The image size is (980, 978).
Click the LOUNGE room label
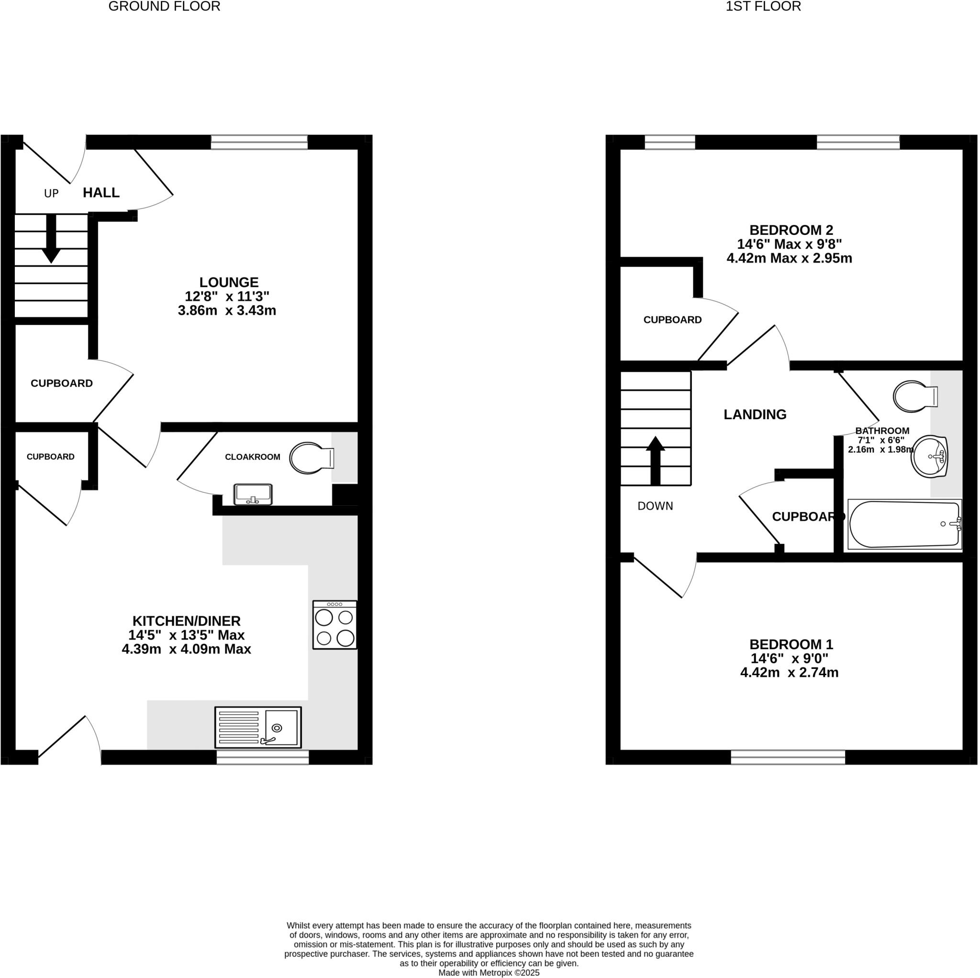pyautogui.click(x=229, y=282)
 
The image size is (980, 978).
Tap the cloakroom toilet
pyautogui.click(x=311, y=458)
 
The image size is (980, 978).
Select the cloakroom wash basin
pyautogui.click(x=253, y=494)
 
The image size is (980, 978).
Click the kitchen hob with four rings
pyautogui.click(x=335, y=624)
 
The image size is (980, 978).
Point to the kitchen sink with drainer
pyautogui.click(x=258, y=727)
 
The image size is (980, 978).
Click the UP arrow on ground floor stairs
pyautogui.click(x=51, y=238)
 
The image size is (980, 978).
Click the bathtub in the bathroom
pyautogui.click(x=904, y=524)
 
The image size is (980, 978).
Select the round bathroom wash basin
pyautogui.click(x=929, y=456)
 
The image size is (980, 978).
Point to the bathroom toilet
pyautogui.click(x=914, y=396)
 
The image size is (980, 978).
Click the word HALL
pyautogui.click(x=101, y=193)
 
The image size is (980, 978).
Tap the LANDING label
pyautogui.click(x=755, y=414)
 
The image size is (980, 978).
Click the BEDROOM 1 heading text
pyautogui.click(x=791, y=644)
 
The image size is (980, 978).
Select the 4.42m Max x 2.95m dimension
pyautogui.click(x=789, y=258)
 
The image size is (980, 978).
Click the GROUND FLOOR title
pyautogui.click(x=164, y=7)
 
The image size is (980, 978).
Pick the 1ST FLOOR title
pyautogui.click(x=763, y=7)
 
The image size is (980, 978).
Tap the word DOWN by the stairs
pyautogui.click(x=655, y=506)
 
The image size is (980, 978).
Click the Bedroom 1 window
pyautogui.click(x=788, y=757)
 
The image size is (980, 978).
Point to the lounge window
pyautogui.click(x=259, y=142)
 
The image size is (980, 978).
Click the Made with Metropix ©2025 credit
pyautogui.click(x=489, y=972)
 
